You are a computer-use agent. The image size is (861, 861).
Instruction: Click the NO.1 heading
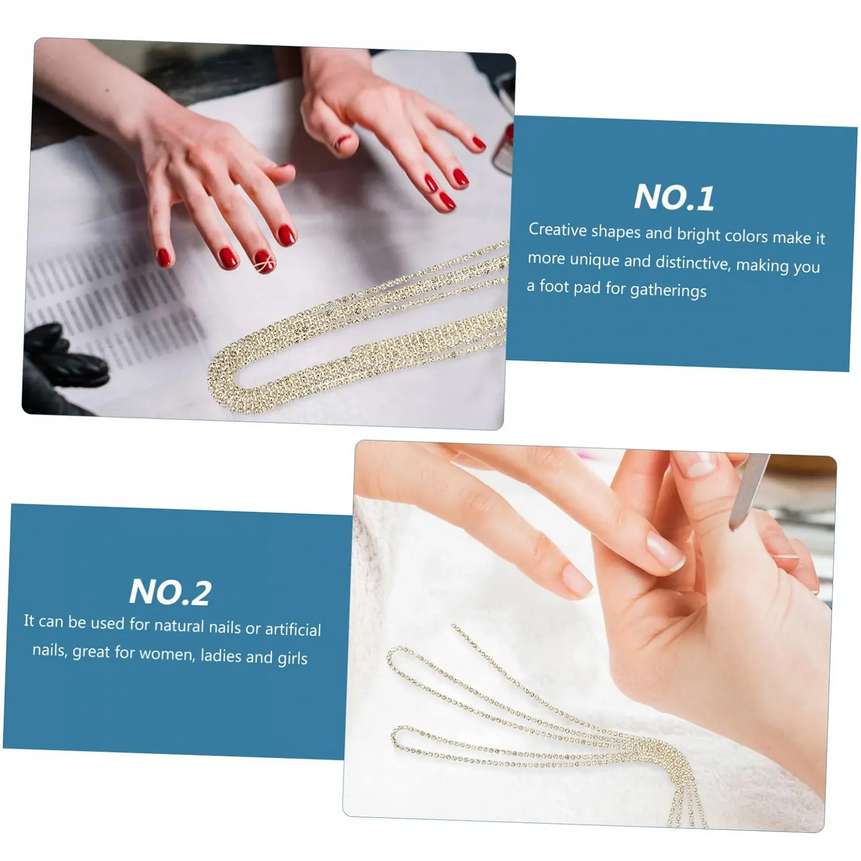click(x=674, y=197)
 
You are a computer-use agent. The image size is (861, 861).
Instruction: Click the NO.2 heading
click(x=170, y=592)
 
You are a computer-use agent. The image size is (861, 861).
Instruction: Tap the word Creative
click(x=557, y=230)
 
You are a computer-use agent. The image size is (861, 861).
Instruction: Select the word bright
click(x=698, y=235)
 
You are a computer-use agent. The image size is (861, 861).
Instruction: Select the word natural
click(x=179, y=625)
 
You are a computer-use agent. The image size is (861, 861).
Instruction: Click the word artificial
click(x=293, y=629)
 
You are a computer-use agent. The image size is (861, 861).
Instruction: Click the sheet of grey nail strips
click(x=108, y=307)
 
